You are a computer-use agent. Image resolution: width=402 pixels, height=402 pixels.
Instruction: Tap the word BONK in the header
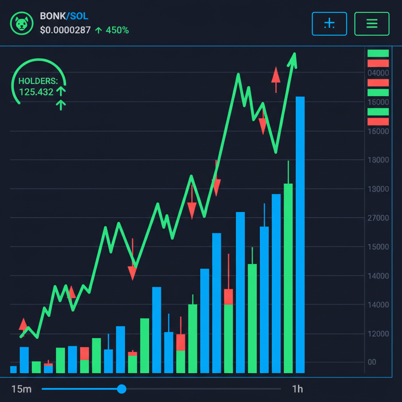(53, 16)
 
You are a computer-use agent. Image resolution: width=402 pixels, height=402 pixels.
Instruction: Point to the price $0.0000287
(65, 30)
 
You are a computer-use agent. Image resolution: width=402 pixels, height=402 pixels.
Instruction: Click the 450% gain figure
(117, 30)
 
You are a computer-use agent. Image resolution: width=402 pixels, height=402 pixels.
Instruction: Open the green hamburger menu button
(371, 24)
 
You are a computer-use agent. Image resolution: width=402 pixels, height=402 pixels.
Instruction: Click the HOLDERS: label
(38, 81)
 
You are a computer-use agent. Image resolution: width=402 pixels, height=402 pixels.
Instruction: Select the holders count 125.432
(36, 92)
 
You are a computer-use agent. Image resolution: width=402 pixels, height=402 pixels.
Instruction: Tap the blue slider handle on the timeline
(122, 389)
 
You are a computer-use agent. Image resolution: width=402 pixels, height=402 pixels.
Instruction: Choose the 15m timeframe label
(21, 389)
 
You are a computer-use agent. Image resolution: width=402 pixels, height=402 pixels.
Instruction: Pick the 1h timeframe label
(298, 389)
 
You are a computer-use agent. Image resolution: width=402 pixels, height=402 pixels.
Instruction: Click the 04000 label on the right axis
(378, 73)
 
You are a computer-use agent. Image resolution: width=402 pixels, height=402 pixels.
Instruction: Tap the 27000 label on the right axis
(378, 218)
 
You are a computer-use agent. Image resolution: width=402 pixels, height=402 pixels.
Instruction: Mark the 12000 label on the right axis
(378, 334)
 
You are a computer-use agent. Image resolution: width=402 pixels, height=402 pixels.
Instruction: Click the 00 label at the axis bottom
(371, 362)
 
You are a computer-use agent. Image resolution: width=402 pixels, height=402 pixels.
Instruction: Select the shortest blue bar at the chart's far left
(13, 369)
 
